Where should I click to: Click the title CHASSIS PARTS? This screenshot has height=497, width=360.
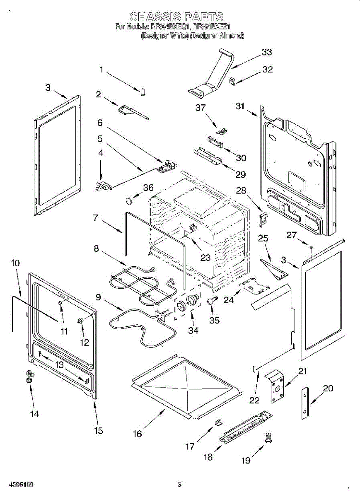(x=177, y=17)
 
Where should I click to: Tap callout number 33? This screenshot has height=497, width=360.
(x=267, y=52)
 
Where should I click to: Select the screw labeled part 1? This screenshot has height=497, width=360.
(x=143, y=92)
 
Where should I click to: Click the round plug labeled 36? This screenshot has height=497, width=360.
(x=130, y=201)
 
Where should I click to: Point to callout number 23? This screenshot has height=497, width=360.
(x=205, y=257)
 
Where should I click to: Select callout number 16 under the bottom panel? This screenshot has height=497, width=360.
(x=137, y=434)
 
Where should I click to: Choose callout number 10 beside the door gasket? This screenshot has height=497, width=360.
(x=15, y=263)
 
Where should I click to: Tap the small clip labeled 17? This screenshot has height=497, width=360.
(x=218, y=422)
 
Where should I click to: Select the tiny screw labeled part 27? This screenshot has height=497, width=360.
(x=311, y=247)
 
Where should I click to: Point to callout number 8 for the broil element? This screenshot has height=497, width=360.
(x=96, y=248)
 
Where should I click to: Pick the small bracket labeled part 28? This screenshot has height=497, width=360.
(x=262, y=219)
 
